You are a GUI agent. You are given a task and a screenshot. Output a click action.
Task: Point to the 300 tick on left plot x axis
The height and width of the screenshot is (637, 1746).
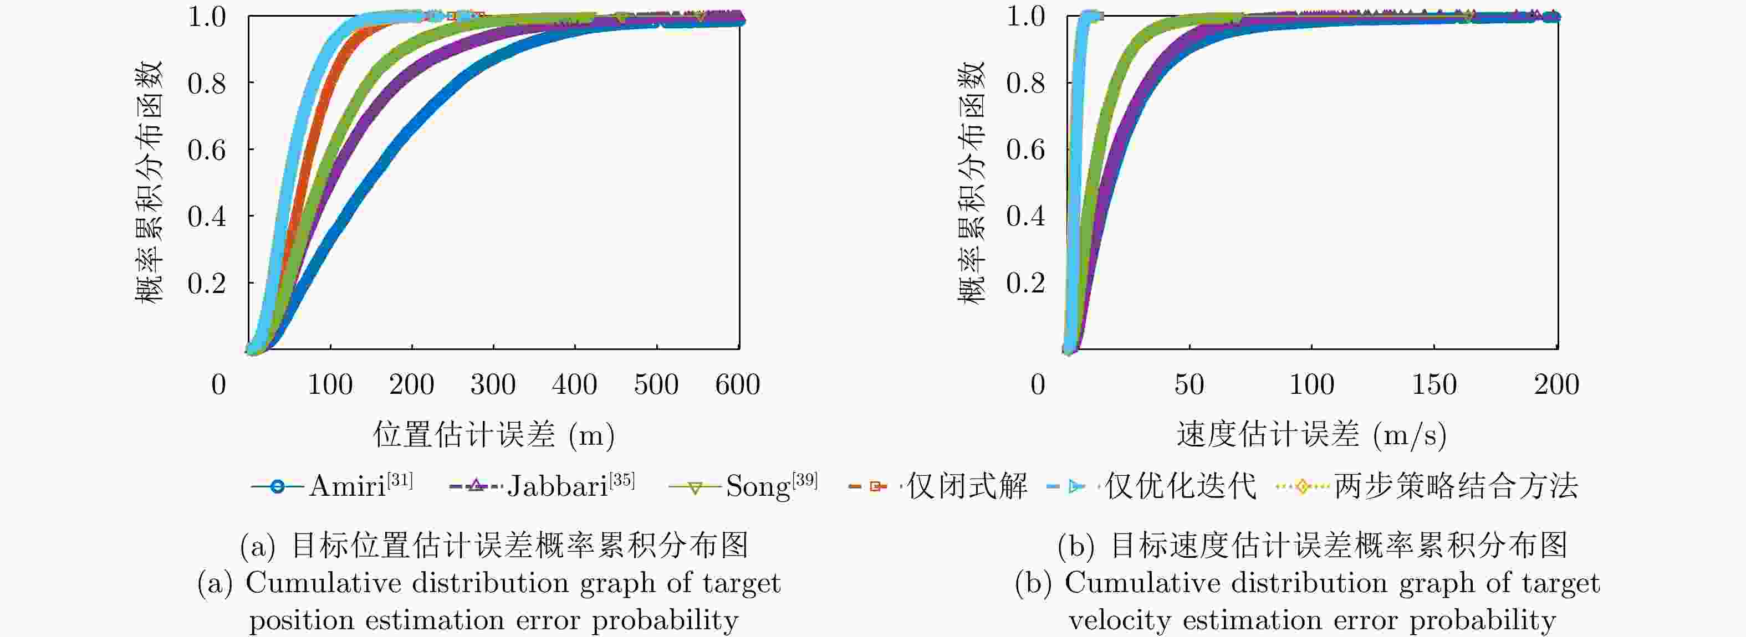click(x=493, y=385)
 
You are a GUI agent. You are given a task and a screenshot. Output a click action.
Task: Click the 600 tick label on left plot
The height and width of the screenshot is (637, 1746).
click(x=737, y=385)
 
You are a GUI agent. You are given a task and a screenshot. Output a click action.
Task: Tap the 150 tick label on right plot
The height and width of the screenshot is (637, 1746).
click(x=1433, y=385)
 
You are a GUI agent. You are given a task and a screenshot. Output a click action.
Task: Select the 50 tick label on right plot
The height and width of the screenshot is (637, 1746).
click(x=1189, y=385)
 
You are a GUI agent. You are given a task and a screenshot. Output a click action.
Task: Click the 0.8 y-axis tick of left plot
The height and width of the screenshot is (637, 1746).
click(x=207, y=83)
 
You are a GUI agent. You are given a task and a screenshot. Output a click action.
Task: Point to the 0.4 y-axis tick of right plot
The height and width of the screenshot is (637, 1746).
click(x=1025, y=217)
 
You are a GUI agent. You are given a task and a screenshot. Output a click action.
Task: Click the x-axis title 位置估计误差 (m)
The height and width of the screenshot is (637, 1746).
click(x=493, y=434)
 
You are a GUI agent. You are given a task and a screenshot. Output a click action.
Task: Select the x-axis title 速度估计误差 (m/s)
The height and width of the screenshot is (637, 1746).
click(x=1311, y=434)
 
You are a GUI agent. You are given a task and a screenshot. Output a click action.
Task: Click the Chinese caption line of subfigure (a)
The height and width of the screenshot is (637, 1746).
click(x=493, y=545)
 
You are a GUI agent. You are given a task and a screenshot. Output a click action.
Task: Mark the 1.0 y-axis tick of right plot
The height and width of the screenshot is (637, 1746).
click(x=1025, y=17)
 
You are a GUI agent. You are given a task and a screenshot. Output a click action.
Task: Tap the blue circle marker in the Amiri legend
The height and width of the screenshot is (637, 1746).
click(x=277, y=486)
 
